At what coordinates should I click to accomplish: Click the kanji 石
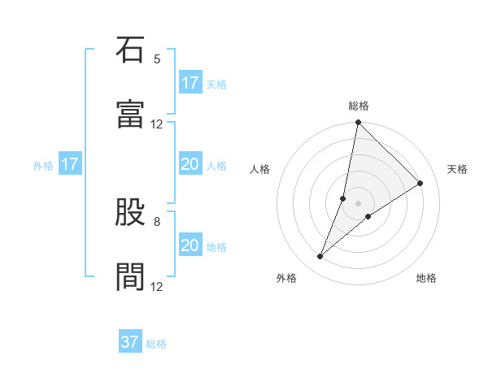(x=130, y=50)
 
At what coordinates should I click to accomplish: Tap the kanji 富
(x=130, y=115)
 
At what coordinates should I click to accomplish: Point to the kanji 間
(x=130, y=277)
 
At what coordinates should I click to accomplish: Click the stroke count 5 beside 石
(x=157, y=59)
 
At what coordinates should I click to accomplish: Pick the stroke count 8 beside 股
(x=157, y=221)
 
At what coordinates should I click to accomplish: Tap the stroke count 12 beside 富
(x=157, y=124)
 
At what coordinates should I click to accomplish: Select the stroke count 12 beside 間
(x=157, y=286)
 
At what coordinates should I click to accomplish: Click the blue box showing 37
(x=130, y=342)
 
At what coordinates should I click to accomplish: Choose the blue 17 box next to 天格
(x=190, y=83)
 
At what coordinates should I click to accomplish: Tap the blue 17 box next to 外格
(x=70, y=164)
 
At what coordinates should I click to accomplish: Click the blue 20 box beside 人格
(x=190, y=164)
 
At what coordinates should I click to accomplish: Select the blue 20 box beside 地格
(x=190, y=245)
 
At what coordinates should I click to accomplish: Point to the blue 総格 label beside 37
(x=156, y=344)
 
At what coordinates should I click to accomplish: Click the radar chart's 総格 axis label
(x=359, y=106)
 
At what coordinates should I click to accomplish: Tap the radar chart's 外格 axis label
(x=286, y=278)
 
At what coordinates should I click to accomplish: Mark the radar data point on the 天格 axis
(x=420, y=184)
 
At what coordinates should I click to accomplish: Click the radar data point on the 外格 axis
(x=320, y=257)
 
